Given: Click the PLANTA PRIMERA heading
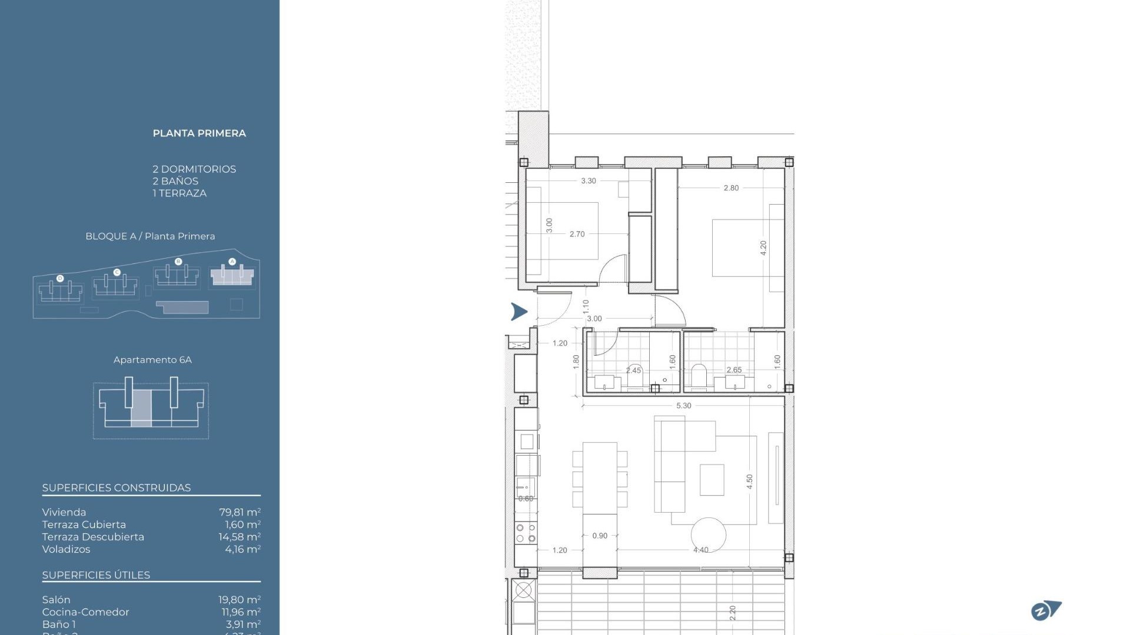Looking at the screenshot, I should (199, 133).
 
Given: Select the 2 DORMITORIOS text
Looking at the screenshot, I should (194, 169).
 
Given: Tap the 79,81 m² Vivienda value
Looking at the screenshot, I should (240, 512).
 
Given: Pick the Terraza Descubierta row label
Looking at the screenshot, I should (93, 537).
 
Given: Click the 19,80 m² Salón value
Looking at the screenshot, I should (239, 600).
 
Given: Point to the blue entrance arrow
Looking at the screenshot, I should (519, 312).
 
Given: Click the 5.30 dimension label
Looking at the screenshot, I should (683, 406).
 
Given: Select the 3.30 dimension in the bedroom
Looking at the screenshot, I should (589, 181).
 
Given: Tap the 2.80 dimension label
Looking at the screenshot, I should (731, 188).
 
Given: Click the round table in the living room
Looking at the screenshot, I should (708, 534).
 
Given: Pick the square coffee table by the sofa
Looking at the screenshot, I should (712, 480).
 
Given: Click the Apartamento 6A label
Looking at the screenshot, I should (152, 360).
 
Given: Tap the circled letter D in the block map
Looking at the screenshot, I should (60, 278).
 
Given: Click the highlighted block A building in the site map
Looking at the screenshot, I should (232, 275).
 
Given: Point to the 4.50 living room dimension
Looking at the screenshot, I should (749, 482).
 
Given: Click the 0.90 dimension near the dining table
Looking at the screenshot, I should (600, 536).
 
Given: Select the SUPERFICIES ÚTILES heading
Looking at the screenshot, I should (96, 575).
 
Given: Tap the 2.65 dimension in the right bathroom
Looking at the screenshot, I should (734, 370).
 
